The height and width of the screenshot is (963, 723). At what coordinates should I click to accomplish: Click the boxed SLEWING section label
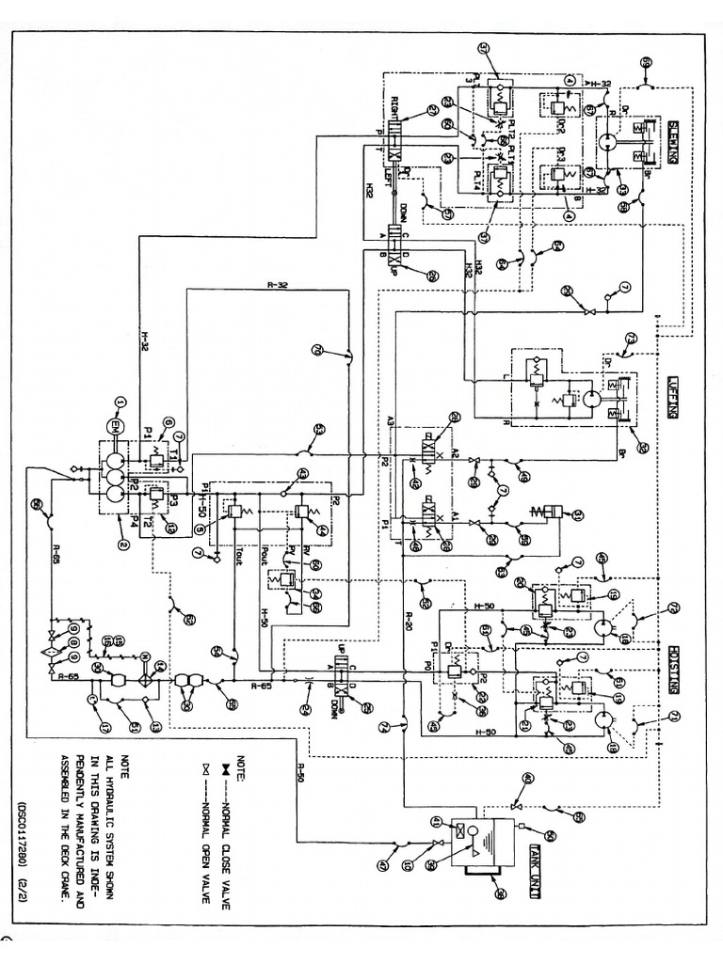tap(675, 140)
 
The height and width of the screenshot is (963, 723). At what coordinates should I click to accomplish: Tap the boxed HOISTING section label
tap(675, 667)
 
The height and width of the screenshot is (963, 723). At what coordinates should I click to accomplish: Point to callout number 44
tap(322, 531)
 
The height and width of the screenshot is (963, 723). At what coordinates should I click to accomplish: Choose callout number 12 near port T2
tap(170, 529)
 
